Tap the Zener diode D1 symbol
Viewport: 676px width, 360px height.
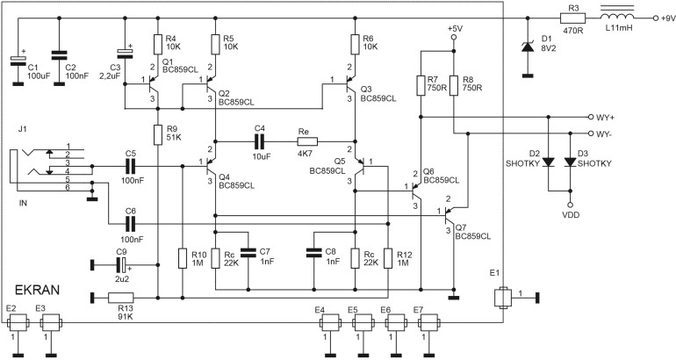[x=527, y=47]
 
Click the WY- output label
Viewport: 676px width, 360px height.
[x=605, y=134]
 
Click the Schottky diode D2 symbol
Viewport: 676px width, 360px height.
[x=547, y=162]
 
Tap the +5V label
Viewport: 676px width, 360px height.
[x=454, y=29]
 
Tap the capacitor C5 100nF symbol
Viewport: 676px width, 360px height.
[x=131, y=164]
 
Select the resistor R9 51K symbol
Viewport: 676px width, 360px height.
[x=157, y=134]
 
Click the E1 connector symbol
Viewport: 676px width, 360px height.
[x=503, y=298]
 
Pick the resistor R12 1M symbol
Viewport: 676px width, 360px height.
[x=388, y=258]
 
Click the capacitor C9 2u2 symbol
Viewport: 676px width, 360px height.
[x=122, y=262]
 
